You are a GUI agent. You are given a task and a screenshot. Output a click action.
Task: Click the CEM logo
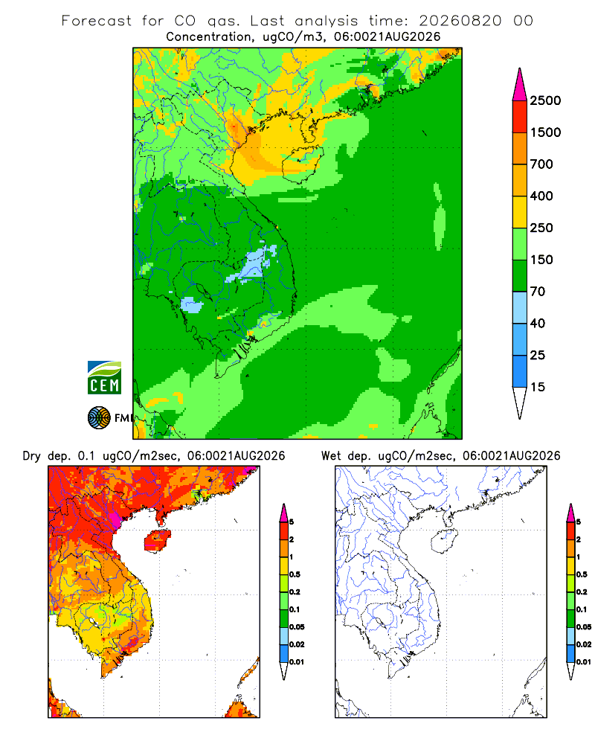(x=104, y=378)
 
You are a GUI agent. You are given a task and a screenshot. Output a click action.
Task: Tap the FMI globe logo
(x=99, y=418)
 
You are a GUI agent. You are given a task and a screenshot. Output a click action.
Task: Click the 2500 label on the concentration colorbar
(x=545, y=100)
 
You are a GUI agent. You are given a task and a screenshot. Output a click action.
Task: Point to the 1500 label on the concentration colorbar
(x=545, y=132)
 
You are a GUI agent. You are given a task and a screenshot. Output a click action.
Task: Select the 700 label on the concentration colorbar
(x=541, y=164)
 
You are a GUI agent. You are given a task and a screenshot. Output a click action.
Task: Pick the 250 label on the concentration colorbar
(x=541, y=228)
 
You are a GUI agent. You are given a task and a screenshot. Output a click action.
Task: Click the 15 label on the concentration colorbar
(x=538, y=387)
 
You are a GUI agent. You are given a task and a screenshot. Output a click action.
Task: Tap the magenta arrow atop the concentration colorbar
(x=520, y=85)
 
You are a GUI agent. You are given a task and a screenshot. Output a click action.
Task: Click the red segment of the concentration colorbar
(x=520, y=117)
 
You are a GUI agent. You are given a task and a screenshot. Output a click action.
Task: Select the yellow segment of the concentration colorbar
(x=520, y=212)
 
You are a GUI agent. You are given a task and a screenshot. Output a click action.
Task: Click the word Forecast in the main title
(x=97, y=21)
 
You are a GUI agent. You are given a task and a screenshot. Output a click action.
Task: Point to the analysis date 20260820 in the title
(x=460, y=21)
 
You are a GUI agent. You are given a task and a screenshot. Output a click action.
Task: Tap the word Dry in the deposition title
(x=32, y=456)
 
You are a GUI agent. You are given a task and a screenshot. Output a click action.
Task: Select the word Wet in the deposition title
(x=331, y=456)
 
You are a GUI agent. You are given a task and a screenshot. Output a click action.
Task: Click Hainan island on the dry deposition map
(x=157, y=541)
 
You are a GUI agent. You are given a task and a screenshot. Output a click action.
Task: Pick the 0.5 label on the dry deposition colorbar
(x=295, y=574)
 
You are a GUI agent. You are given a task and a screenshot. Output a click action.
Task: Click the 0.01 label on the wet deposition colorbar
(x=584, y=662)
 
